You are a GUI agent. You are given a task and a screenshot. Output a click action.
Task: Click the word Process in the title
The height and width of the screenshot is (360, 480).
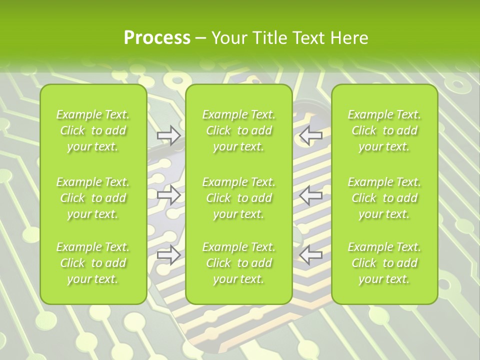click(x=157, y=38)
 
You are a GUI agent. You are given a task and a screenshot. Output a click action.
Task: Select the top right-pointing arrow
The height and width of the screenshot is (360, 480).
click(x=168, y=135)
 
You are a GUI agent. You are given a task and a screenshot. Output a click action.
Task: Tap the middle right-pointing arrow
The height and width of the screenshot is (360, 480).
click(x=168, y=195)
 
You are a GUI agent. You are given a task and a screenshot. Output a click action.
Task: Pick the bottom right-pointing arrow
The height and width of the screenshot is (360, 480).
click(x=168, y=255)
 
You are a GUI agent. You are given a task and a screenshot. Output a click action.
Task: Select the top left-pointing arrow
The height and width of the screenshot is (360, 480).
click(x=311, y=135)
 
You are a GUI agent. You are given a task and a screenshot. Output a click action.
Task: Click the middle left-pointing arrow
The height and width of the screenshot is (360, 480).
click(x=311, y=195)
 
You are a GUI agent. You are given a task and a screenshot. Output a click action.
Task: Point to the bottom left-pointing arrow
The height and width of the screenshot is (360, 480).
click(x=311, y=255)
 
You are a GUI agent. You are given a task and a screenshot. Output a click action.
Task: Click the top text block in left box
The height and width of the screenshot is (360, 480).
click(x=93, y=130)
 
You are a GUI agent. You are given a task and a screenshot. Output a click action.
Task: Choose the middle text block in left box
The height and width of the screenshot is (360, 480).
click(x=93, y=197)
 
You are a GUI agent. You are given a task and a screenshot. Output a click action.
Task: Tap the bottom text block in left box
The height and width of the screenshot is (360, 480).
click(x=93, y=263)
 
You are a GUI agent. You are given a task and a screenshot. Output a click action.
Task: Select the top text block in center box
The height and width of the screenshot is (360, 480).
click(x=238, y=130)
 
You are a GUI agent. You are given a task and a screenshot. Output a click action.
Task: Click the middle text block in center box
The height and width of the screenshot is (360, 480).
click(x=238, y=197)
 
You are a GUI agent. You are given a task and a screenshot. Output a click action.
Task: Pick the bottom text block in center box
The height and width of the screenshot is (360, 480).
click(x=238, y=263)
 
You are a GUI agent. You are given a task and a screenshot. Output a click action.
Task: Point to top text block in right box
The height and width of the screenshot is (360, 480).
click(x=384, y=130)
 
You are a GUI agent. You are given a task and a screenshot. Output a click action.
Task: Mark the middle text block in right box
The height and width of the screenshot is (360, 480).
click(x=384, y=197)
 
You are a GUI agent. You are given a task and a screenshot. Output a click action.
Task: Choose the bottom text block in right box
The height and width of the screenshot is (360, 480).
click(x=384, y=263)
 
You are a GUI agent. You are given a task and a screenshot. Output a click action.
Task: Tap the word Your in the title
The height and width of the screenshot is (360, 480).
click(x=229, y=38)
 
